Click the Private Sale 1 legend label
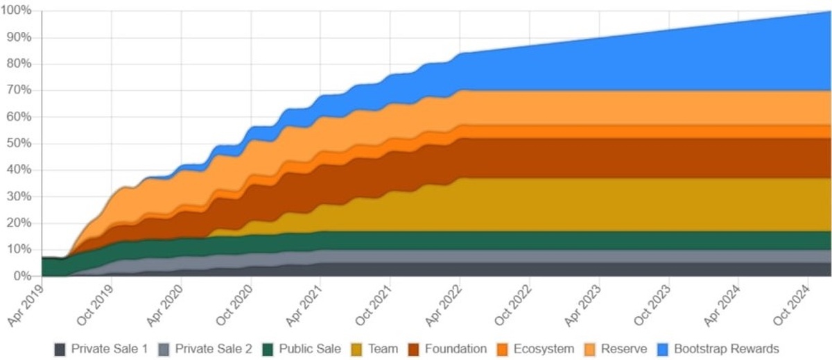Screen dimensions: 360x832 click(110, 348)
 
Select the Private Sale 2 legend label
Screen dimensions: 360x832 click(214, 348)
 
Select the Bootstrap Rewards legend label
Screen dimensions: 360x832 click(727, 348)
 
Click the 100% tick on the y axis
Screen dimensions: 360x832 click(18, 11)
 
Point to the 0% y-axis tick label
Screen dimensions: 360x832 click(24, 276)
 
